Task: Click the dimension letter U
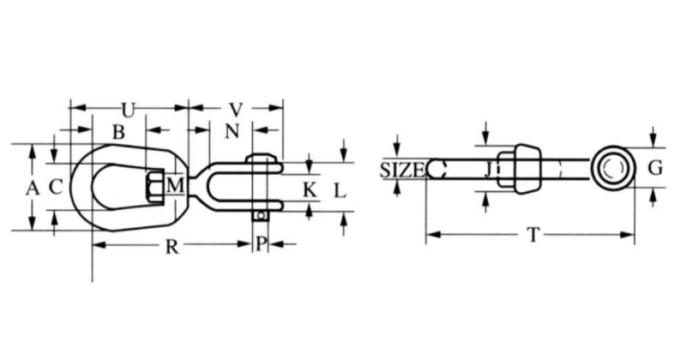(128, 110)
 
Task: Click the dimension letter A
(33, 188)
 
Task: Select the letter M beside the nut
(175, 185)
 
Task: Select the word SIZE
(401, 170)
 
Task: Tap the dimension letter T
(533, 234)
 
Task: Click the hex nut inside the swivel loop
(156, 186)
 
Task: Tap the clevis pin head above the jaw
(262, 159)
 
